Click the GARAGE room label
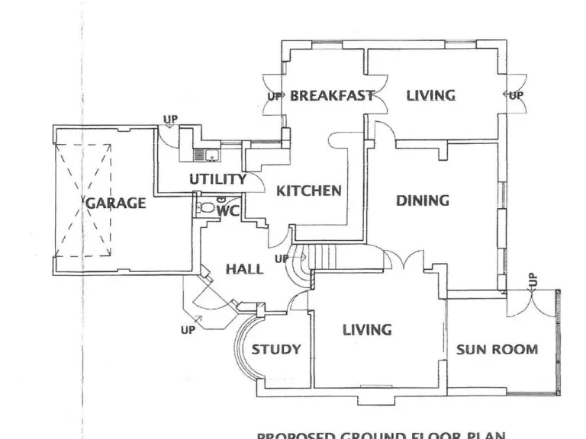[115, 203]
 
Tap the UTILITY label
[217, 180]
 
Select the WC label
[229, 211]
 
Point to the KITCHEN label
[308, 191]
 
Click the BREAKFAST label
[332, 96]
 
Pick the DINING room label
[422, 201]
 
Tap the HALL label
[245, 269]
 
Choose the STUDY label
[276, 350]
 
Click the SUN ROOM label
[497, 350]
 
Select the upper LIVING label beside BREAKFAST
[430, 96]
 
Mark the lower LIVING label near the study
[367, 330]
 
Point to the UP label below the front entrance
[188, 331]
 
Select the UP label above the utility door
[170, 120]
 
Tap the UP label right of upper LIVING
[517, 96]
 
